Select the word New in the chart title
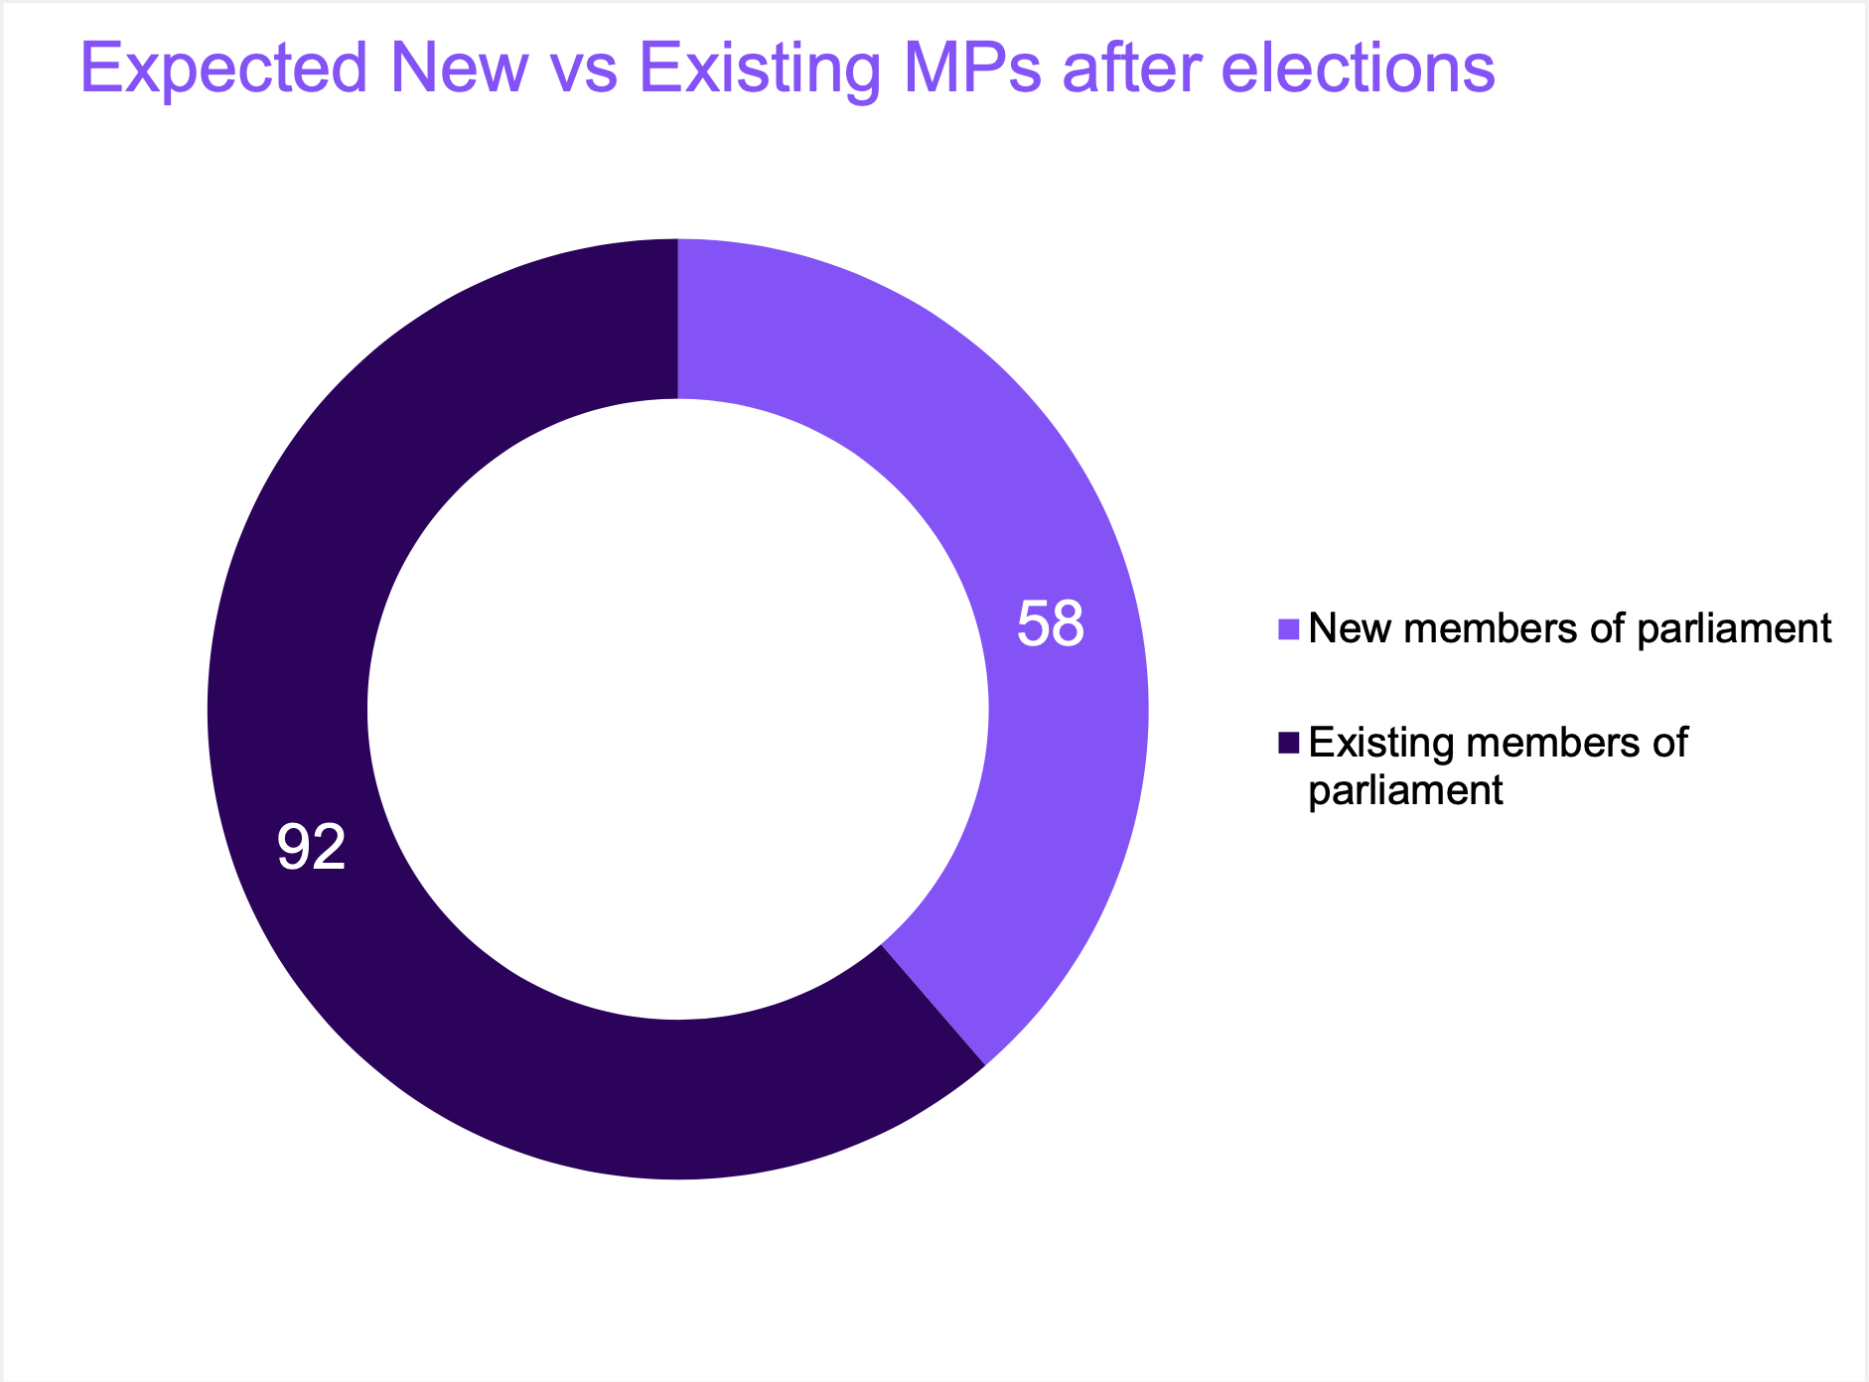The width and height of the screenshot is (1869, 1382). tap(458, 69)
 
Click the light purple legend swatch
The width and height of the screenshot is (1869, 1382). tap(1289, 629)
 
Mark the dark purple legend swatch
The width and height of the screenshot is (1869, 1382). tap(1289, 743)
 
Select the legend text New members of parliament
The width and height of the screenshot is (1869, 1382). tap(1569, 628)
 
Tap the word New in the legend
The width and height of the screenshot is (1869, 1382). tap(1346, 628)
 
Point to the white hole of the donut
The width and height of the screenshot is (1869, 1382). tap(678, 709)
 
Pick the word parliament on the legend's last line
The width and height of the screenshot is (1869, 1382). tap(1405, 790)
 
